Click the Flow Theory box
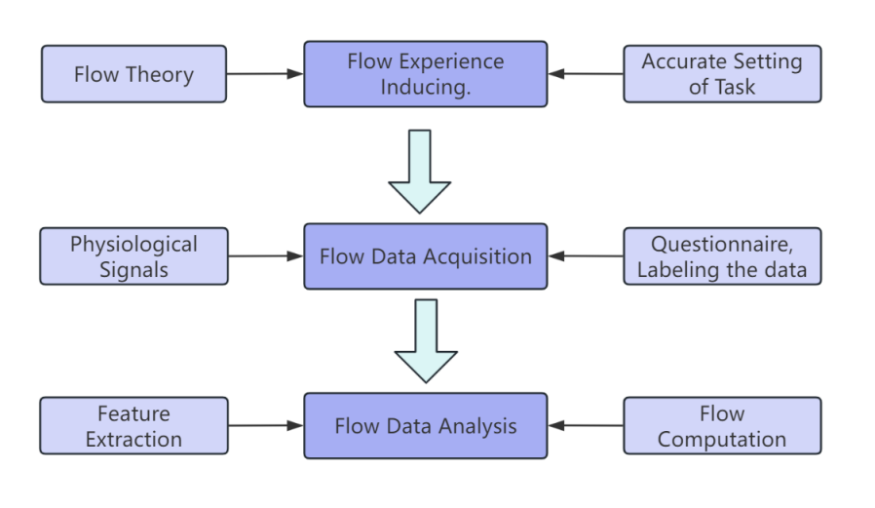pos(133,74)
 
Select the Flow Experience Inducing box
pos(425,74)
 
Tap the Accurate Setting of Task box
pos(722,74)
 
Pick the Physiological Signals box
pos(133,256)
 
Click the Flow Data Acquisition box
pos(425,257)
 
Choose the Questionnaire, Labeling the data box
pos(722,256)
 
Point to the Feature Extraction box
pos(133,426)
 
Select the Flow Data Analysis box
pos(425,426)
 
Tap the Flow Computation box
pos(722,426)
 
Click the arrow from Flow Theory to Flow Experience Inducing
pos(265,74)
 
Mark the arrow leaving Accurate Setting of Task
pos(587,74)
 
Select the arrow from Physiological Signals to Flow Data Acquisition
pos(265,257)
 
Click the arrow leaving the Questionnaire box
pos(587,257)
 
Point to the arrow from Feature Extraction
pos(265,426)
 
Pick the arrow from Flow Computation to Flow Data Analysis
pos(587,426)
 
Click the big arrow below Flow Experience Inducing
pos(420,172)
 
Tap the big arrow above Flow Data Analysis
pos(426,341)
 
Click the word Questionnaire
pos(721,244)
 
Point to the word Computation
pos(722,439)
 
